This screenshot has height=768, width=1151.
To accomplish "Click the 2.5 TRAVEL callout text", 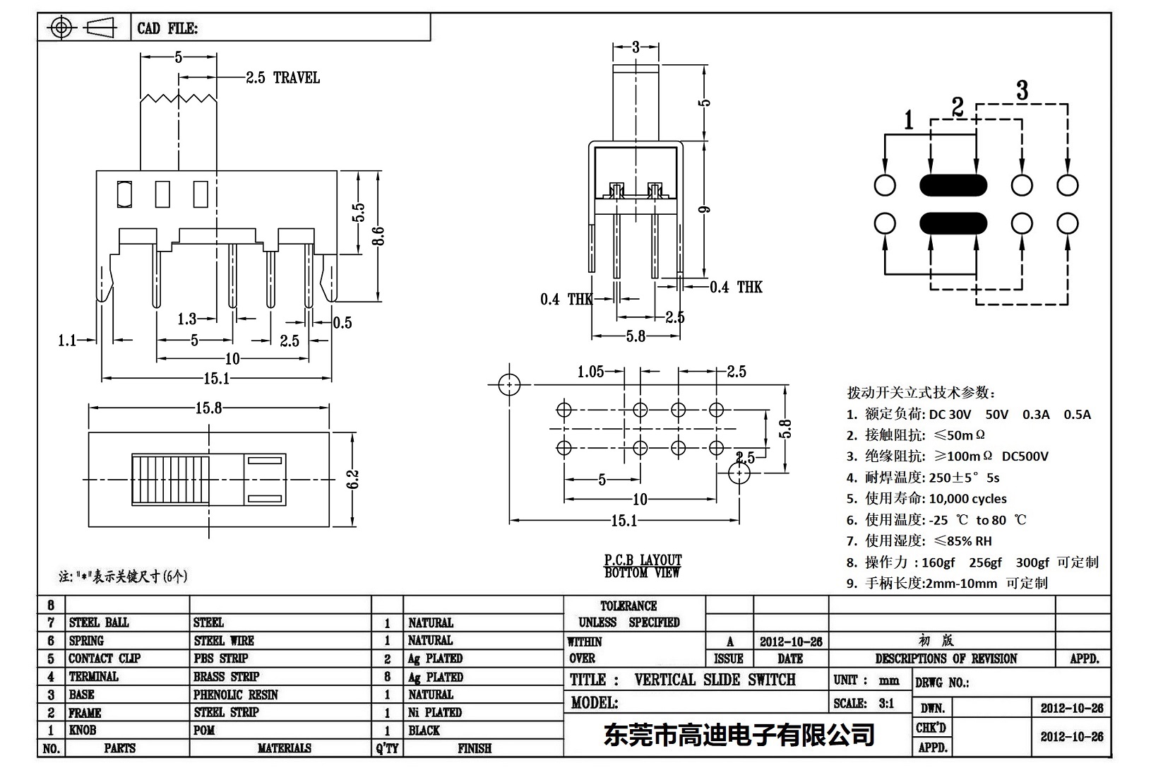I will coord(282,78).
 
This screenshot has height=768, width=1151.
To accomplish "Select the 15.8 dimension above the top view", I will coord(208,408).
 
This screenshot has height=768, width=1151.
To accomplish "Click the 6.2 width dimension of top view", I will coord(353,479).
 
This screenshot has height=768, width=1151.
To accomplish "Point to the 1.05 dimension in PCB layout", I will coord(590,372).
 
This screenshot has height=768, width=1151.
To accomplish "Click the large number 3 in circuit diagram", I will coord(1022,90).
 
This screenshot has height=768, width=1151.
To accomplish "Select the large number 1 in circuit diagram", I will coord(909,120).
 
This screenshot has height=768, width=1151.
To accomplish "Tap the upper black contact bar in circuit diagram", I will coord(953,185).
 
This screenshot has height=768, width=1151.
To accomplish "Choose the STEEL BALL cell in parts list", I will coord(99,622).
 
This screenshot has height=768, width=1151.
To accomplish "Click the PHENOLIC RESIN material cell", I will coord(236,695).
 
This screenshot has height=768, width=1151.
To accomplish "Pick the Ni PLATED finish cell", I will coord(435,712).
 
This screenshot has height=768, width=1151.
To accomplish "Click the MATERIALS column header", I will coord(285,748).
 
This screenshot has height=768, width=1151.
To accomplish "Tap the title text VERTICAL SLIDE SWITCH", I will coord(715,680).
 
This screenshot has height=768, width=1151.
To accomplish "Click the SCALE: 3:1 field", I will coord(864,703).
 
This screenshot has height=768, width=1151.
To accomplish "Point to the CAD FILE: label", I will coord(167,28).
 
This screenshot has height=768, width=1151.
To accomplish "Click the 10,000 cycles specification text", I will coord(967,499).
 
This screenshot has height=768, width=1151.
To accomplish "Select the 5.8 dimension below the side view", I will coord(636,336).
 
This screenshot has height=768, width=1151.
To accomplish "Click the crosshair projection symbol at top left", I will coord(61,28).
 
